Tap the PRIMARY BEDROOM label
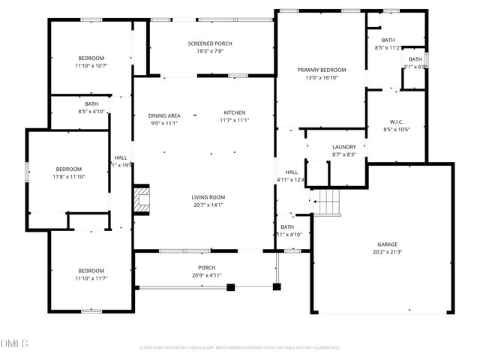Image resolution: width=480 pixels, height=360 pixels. (x=322, y=69)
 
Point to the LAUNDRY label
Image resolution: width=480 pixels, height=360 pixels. (x=343, y=147)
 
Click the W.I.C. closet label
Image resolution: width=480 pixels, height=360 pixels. (x=397, y=121)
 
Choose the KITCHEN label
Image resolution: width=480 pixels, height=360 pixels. (x=234, y=112)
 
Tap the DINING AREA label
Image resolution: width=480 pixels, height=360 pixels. (x=163, y=115)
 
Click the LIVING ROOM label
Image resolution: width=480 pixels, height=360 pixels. (x=208, y=197)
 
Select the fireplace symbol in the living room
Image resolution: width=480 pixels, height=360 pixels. (x=142, y=200)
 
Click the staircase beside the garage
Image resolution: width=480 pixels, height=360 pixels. (x=326, y=201)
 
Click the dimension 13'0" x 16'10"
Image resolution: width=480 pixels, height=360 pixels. (x=322, y=77)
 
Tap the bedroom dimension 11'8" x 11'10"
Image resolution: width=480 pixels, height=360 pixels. (x=69, y=177)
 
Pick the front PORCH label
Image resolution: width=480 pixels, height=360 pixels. (x=206, y=268)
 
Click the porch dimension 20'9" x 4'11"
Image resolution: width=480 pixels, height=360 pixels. (x=206, y=276)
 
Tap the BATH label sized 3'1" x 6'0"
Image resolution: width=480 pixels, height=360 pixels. (x=415, y=59)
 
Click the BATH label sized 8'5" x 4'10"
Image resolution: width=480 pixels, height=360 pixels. (x=91, y=103)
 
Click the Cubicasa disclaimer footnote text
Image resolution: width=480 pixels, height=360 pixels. (x=240, y=348)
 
